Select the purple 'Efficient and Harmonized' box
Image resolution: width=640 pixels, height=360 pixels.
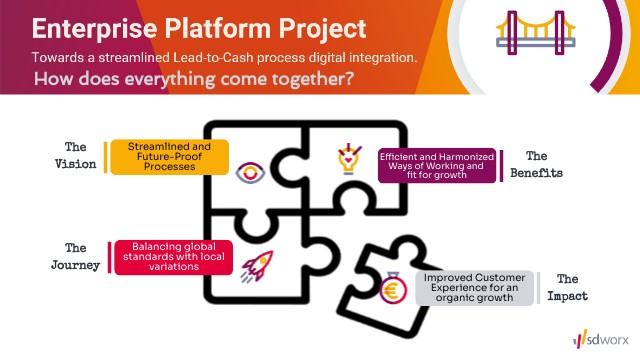coord(437,165)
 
